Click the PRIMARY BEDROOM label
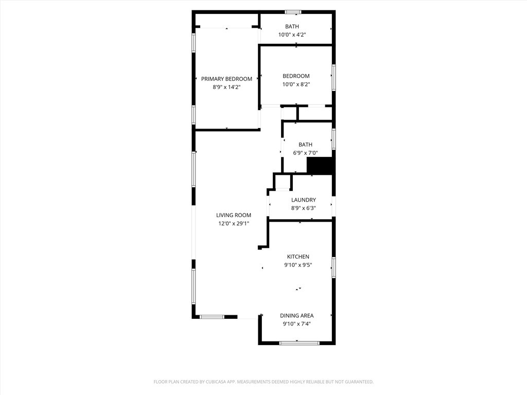point(226,79)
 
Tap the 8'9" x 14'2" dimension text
point(226,87)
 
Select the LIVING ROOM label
point(233,215)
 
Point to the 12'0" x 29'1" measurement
point(233,224)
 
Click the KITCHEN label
point(298,257)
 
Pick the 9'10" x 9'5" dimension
point(298,265)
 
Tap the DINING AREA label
point(296,315)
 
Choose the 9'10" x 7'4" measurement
point(296,324)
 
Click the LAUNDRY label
point(304,200)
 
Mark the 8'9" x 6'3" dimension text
point(304,208)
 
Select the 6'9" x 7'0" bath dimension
point(305,153)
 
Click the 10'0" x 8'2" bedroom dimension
point(296,85)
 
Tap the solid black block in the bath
point(320,166)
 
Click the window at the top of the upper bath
point(293,12)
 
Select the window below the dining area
point(296,343)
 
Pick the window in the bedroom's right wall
point(333,77)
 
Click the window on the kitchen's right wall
point(333,267)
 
